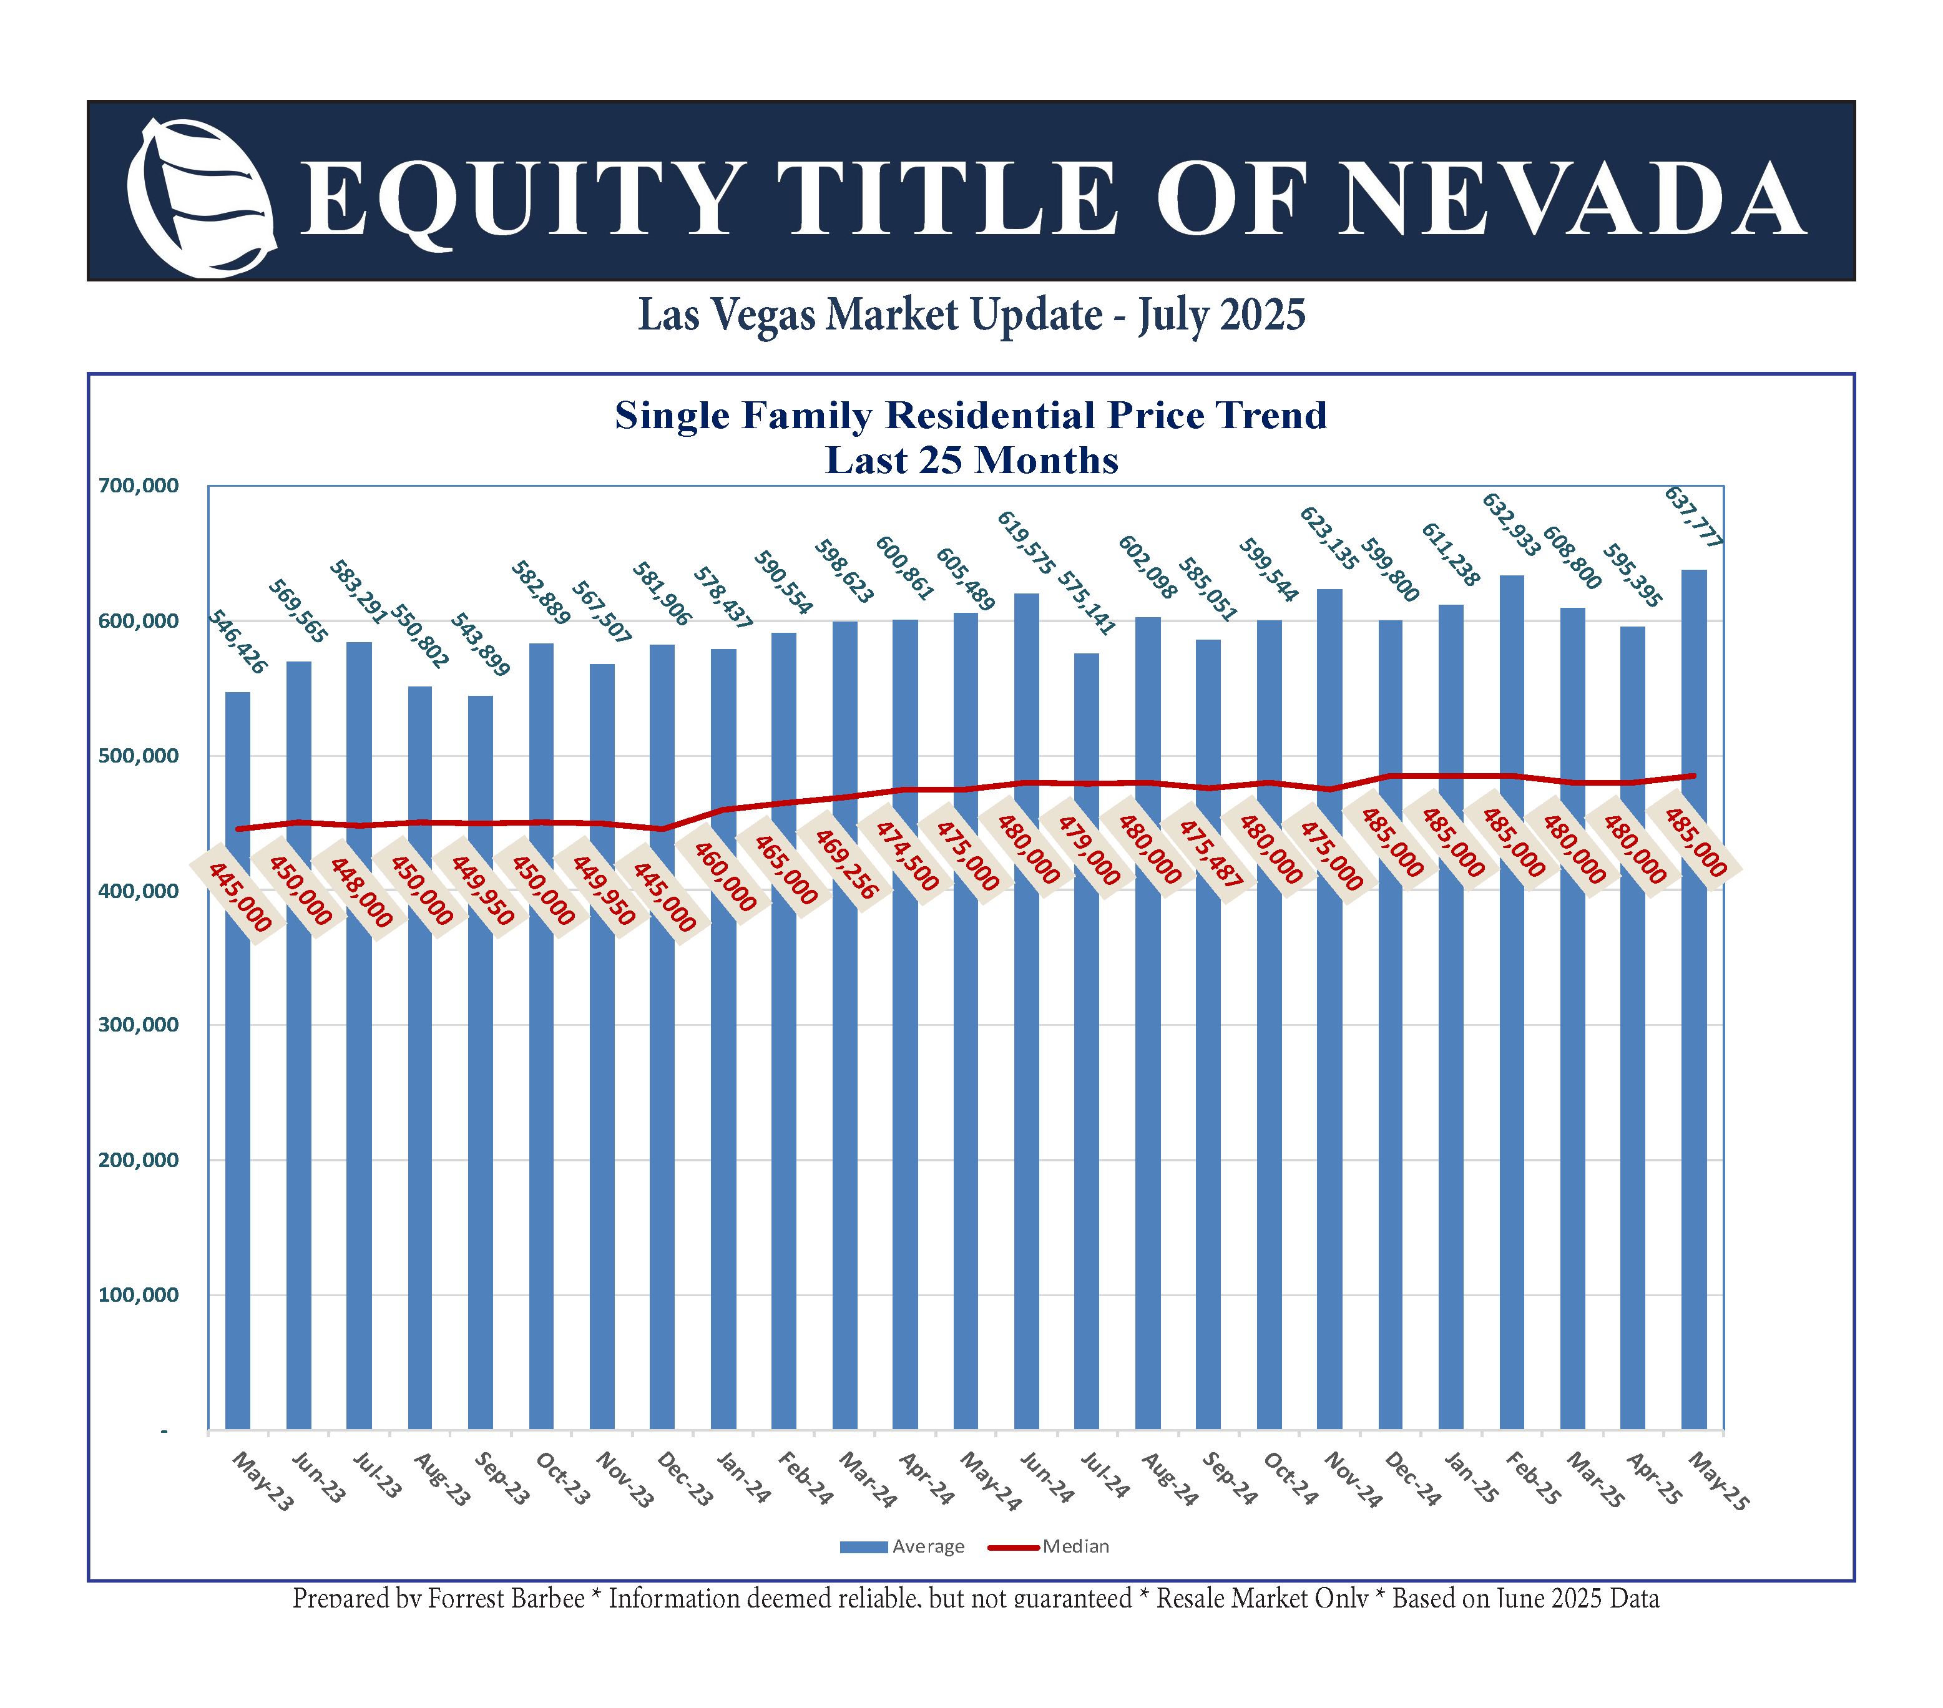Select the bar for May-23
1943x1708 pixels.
point(238,1065)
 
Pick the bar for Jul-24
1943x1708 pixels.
point(1087,1045)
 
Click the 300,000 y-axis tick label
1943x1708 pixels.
point(139,1025)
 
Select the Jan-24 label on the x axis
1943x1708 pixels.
point(742,1477)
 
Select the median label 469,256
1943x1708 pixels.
point(845,863)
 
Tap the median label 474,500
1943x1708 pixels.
point(906,856)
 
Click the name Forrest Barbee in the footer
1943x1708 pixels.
point(506,1599)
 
